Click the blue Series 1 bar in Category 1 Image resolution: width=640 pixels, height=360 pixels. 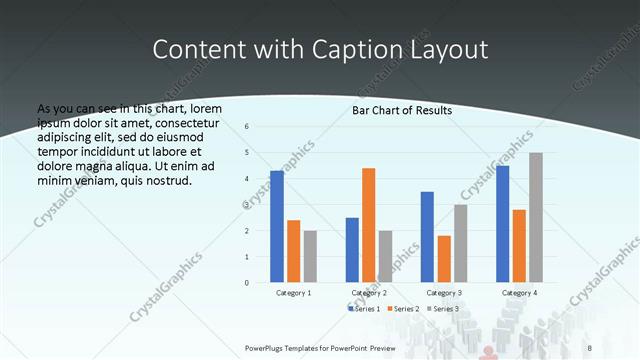(x=277, y=227)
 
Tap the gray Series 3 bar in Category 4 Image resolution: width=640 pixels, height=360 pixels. (x=535, y=218)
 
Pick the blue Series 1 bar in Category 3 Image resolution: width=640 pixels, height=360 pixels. (x=427, y=237)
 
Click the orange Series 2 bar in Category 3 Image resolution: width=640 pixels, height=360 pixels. (x=443, y=259)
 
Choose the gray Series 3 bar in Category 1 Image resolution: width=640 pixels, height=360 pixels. (x=310, y=256)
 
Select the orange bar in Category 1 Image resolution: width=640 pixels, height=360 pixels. (x=293, y=251)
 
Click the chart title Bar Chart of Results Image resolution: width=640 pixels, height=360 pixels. (x=402, y=110)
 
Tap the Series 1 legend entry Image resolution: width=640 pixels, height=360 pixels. (x=364, y=309)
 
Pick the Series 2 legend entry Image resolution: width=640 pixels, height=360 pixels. (x=403, y=309)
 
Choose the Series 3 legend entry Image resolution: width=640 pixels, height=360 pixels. (x=443, y=309)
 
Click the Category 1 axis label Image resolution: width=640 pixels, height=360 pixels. (x=293, y=293)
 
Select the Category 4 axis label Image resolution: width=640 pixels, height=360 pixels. (x=518, y=293)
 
